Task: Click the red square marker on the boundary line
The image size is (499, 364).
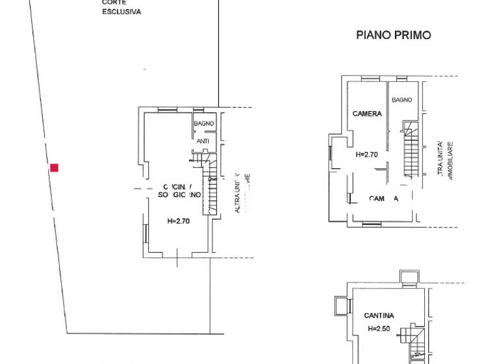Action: (x=55, y=168)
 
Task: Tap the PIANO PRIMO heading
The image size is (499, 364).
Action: (x=393, y=35)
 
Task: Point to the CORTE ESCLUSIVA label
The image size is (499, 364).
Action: (x=122, y=7)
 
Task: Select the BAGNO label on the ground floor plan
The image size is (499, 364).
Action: (x=203, y=123)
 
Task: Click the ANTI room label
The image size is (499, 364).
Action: (x=203, y=140)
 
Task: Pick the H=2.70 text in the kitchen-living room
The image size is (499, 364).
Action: (x=178, y=221)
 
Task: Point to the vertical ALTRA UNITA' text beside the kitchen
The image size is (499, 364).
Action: (x=238, y=192)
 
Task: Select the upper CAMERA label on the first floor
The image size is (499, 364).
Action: (x=367, y=114)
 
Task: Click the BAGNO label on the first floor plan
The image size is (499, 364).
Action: (x=402, y=100)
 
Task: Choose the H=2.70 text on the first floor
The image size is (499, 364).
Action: (x=366, y=155)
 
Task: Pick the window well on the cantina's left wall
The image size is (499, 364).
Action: (x=340, y=305)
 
